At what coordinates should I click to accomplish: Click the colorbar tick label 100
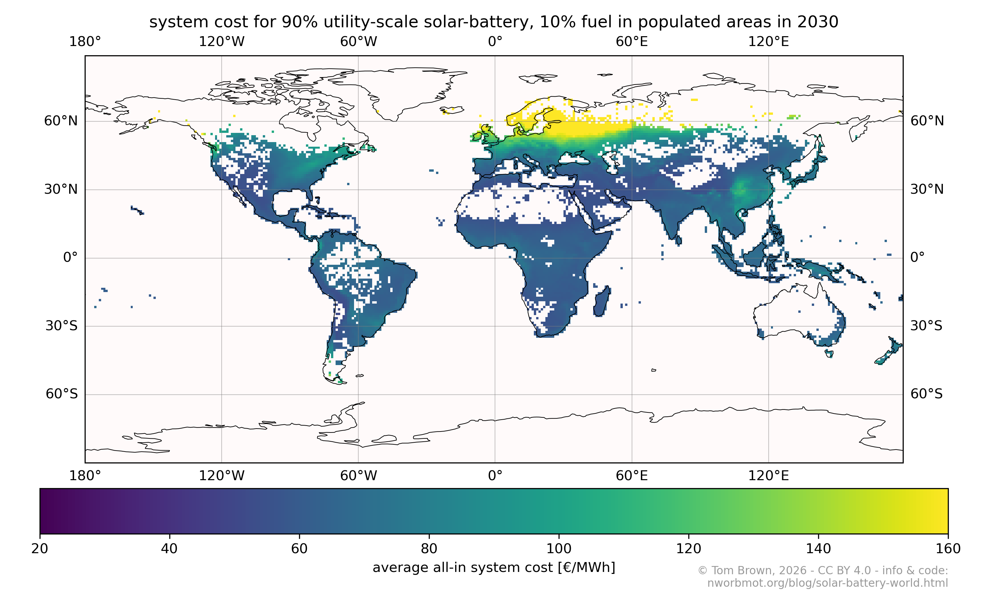point(558,549)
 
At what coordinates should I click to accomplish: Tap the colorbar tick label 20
point(40,549)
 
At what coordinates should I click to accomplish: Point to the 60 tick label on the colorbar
point(299,549)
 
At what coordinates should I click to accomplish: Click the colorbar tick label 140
point(818,549)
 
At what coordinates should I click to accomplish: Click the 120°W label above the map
point(221,42)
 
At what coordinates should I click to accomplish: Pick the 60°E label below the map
point(631,476)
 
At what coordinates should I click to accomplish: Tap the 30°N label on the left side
point(61,189)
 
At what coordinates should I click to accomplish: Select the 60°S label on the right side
point(926,394)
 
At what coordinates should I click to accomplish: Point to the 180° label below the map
point(85,476)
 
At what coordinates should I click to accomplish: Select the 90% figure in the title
point(299,22)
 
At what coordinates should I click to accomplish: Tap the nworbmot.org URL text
point(828,583)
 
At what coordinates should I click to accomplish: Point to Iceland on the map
point(453,109)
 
